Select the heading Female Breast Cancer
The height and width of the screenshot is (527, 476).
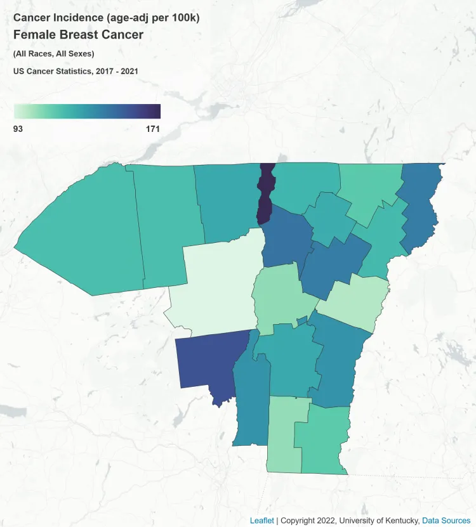point(78,35)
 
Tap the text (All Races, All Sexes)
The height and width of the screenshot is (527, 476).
point(53,53)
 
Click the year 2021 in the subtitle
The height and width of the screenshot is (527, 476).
point(129,71)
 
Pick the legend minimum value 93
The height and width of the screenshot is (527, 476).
point(18,129)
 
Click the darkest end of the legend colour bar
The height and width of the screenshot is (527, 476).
point(157,111)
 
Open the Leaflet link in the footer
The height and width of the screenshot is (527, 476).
point(261,520)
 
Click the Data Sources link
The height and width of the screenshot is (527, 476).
point(446,520)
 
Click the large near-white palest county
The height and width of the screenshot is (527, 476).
point(219,285)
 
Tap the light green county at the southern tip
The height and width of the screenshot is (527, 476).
point(284,438)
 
